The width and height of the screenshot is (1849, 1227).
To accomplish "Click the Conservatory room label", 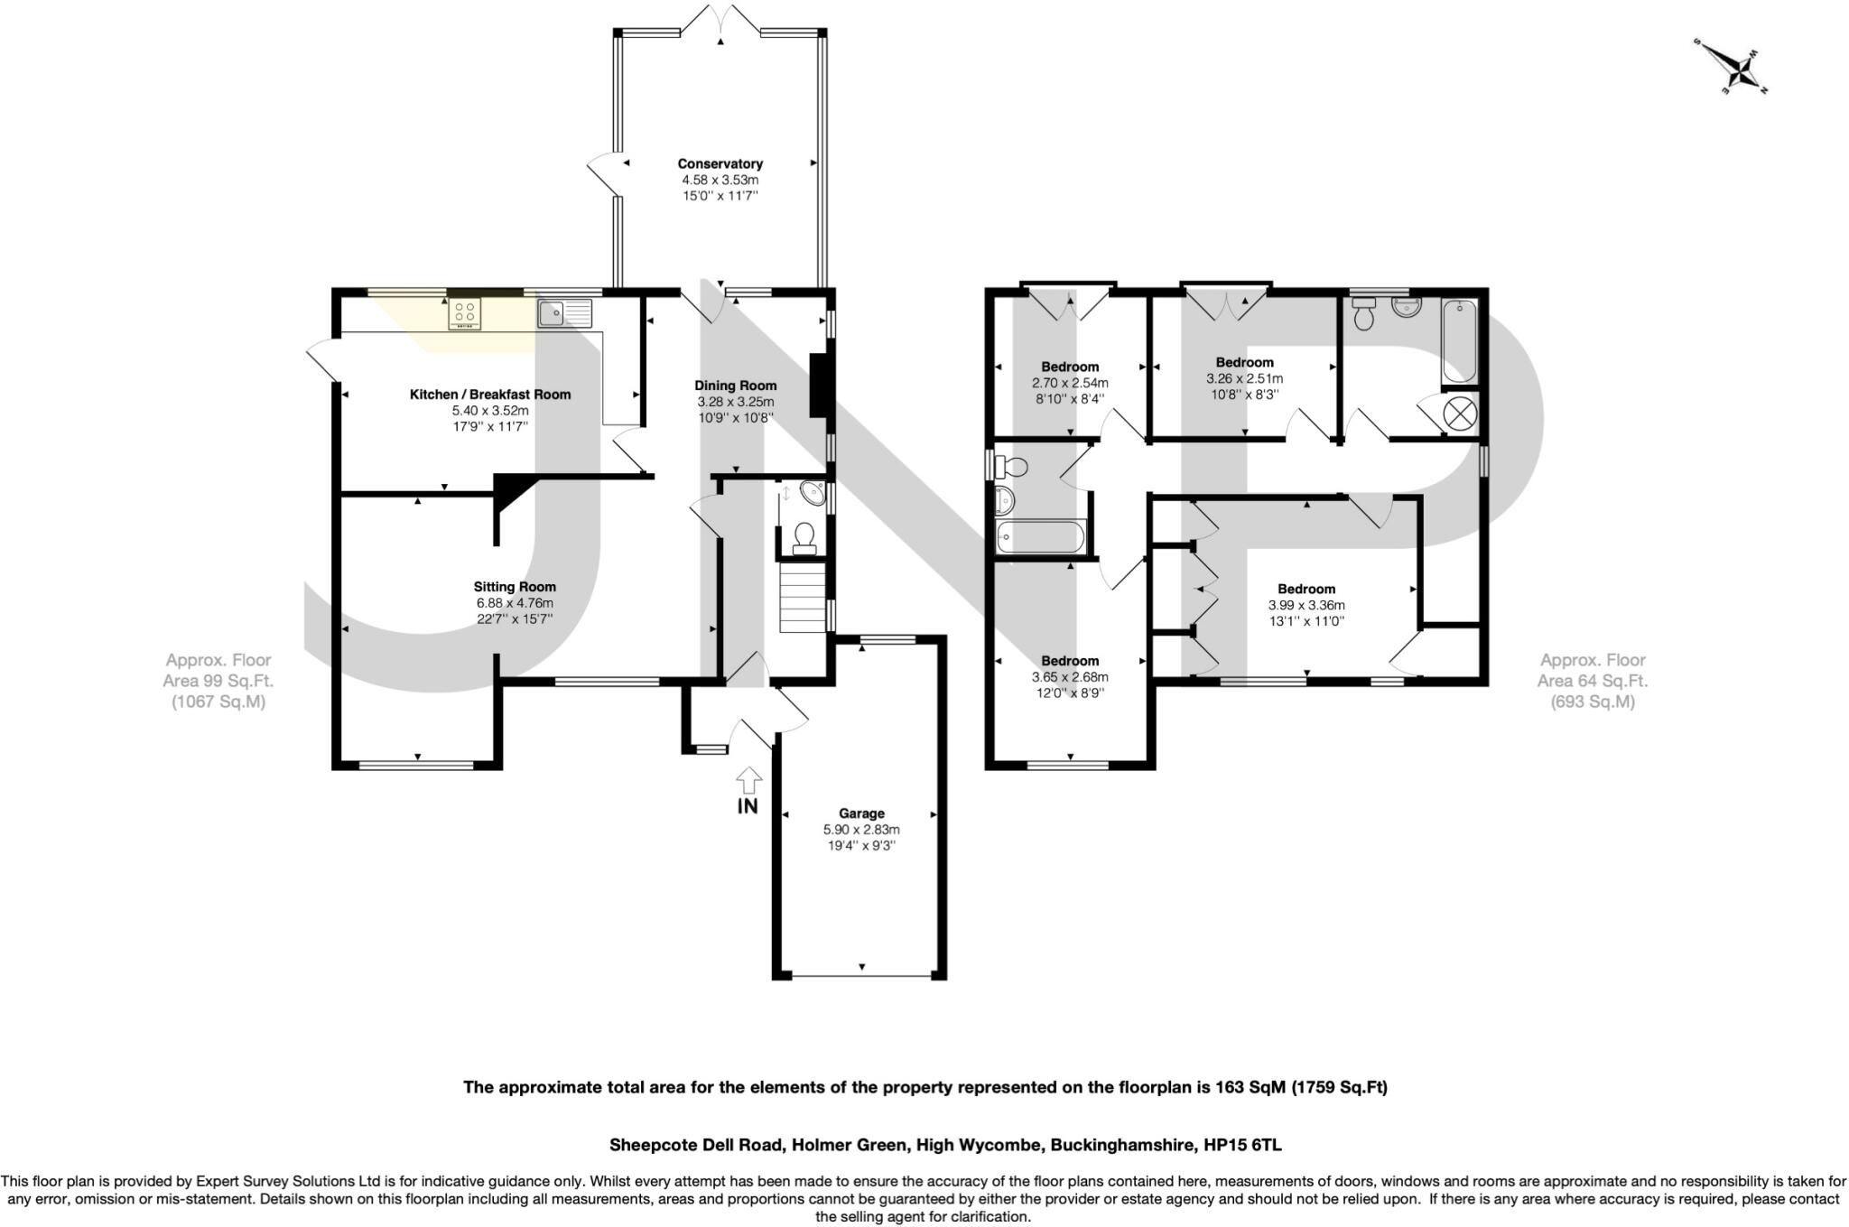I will (720, 163).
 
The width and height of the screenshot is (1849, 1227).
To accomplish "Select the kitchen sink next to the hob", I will (564, 313).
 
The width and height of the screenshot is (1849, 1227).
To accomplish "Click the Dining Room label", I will (735, 386).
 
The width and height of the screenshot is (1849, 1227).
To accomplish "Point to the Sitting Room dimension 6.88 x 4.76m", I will (515, 603).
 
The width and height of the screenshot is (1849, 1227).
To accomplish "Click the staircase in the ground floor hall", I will (803, 598).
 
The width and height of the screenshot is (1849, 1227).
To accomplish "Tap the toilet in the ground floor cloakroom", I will (803, 539).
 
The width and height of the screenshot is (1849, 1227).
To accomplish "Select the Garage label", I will (861, 813).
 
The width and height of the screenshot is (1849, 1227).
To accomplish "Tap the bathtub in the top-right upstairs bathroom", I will (1458, 342).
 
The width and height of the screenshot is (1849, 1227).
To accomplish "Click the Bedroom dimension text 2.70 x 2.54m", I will (1070, 383).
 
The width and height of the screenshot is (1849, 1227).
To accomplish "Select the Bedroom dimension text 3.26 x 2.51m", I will (1244, 378).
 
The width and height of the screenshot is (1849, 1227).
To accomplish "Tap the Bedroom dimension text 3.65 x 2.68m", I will (1070, 677).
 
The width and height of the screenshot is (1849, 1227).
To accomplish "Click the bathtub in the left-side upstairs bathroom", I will (1039, 536).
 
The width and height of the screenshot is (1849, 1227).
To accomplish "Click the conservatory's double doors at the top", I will (720, 20).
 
